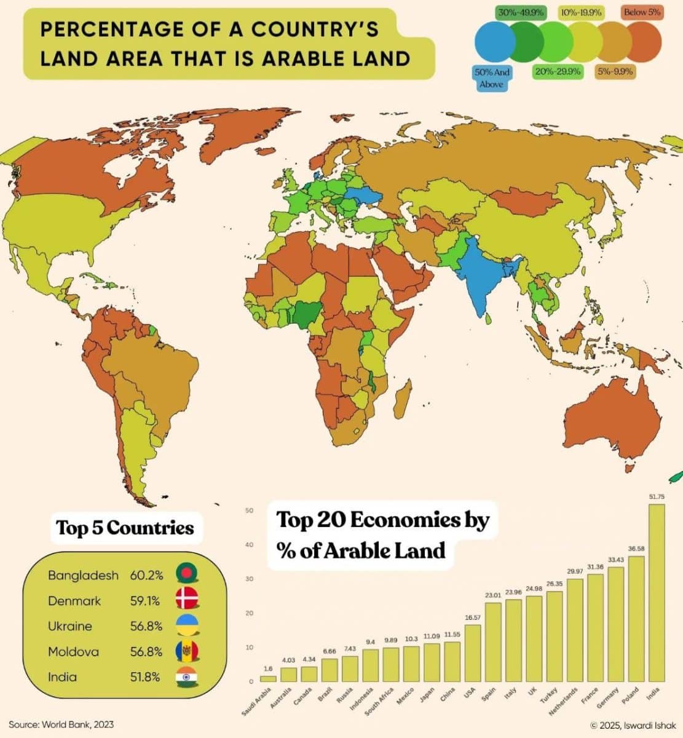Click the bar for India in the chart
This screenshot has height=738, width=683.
656,590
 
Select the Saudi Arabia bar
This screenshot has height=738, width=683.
267,678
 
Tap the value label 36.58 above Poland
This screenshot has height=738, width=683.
636,548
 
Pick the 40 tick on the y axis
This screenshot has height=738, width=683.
250,545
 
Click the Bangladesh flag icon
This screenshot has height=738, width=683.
186,575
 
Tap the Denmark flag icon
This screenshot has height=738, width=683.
186,600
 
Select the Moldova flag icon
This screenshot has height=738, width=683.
186,651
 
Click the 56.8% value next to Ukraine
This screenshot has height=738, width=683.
146,626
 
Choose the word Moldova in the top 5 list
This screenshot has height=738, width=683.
73,651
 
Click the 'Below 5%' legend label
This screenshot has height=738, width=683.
642,12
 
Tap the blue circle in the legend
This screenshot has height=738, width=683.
494,42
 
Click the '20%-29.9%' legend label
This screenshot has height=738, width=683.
558,72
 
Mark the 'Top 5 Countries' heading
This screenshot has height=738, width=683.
125,528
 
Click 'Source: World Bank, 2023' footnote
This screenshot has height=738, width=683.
61,724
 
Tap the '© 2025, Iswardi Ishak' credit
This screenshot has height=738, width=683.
633,725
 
